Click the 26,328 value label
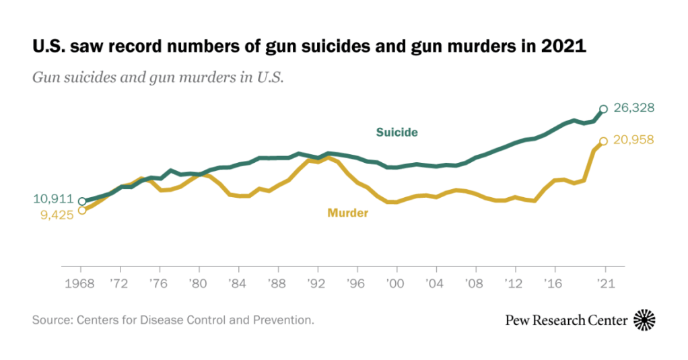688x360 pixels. point(634,108)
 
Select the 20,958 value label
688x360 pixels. point(634,140)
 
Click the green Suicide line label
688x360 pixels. point(397,132)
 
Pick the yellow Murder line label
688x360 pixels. point(347,213)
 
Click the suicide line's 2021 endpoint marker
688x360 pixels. point(604,109)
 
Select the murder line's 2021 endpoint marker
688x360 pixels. point(604,141)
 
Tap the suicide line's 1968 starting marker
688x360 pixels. point(82,201)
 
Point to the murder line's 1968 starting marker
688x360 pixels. point(82,210)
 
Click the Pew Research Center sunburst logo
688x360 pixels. point(645,320)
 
